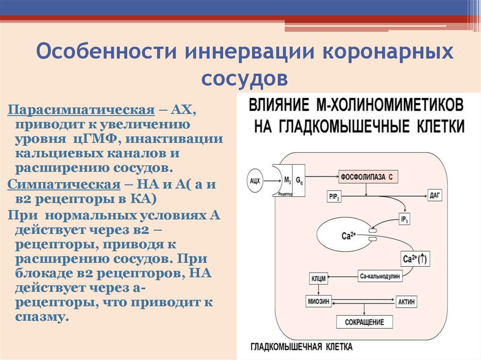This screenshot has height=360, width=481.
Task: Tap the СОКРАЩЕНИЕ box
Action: point(364,322)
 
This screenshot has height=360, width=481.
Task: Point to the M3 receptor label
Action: point(285,179)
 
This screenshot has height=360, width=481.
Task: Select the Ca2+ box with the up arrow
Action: point(416,259)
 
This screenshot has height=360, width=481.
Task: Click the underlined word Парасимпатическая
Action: point(81,110)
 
